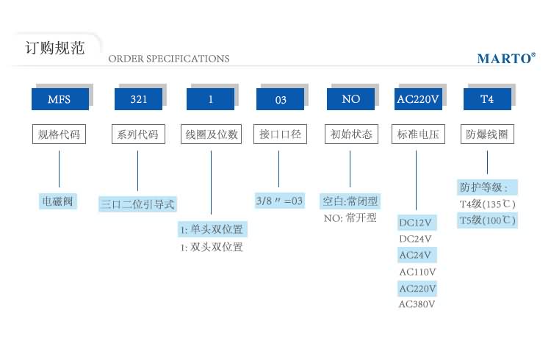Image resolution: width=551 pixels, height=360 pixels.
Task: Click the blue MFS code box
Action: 58,99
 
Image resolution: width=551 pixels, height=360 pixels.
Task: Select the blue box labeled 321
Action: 137,99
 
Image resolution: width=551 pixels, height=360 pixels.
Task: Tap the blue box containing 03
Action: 280,99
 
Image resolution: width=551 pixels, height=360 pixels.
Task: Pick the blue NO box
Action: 350,99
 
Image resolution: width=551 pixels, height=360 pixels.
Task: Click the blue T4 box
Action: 487,99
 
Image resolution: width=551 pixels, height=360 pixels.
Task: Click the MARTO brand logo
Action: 506,59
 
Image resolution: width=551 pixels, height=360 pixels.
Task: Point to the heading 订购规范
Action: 55,48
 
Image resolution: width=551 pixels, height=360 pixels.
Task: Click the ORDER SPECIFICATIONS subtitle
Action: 169,59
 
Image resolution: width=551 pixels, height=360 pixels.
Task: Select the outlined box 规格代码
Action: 58,134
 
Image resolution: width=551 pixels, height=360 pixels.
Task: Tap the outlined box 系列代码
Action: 137,134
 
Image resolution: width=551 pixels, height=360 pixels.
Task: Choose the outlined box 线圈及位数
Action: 211,134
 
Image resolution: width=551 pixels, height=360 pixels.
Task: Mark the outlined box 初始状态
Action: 350,134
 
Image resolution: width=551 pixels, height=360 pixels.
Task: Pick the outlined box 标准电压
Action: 417,134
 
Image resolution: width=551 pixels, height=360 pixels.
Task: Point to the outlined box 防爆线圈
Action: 487,134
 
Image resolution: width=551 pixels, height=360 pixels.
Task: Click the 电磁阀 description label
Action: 58,201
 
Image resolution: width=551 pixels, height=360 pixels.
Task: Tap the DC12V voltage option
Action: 417,222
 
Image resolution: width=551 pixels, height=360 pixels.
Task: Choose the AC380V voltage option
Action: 417,304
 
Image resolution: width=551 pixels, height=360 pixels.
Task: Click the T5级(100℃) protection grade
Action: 487,220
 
